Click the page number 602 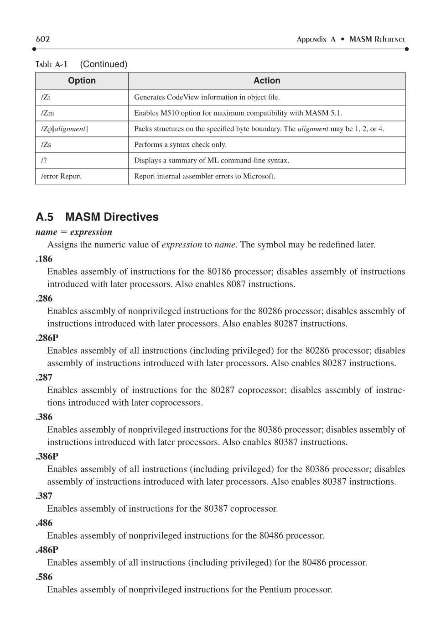click(43, 39)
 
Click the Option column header click(82, 81)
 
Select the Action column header click(267, 81)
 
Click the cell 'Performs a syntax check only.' click(180, 145)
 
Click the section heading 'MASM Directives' click(112, 217)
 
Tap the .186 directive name click(44, 259)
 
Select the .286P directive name click(47, 338)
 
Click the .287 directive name click(44, 377)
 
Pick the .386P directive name click(47, 456)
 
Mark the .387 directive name click(44, 496)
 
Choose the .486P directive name click(47, 550)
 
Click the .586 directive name click(44, 576)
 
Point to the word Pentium click(275, 589)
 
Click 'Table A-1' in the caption click(52, 64)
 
